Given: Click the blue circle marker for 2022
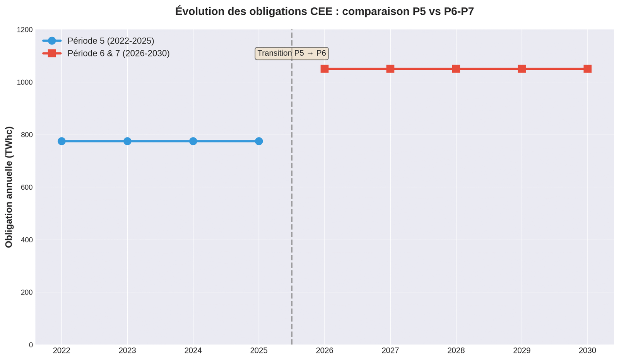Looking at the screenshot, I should point(62,141).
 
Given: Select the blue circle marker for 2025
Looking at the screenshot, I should point(259,141).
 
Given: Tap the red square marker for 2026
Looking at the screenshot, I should point(325,69).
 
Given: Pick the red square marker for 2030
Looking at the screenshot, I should point(587,69).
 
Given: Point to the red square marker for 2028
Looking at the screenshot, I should point(456,69).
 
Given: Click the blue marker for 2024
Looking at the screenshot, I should point(193,141).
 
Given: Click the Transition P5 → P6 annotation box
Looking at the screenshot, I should point(292,53).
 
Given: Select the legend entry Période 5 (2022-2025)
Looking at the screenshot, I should point(111,41).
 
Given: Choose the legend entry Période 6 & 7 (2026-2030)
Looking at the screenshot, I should point(118,53).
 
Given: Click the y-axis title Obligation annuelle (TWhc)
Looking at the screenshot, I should point(9,187).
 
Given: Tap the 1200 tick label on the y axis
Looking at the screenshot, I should point(24,30).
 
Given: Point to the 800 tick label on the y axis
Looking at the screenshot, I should point(26,135).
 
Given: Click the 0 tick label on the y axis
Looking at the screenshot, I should point(31,345).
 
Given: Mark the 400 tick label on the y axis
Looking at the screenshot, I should point(26,240).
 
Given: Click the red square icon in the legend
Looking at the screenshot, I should point(52,53).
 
